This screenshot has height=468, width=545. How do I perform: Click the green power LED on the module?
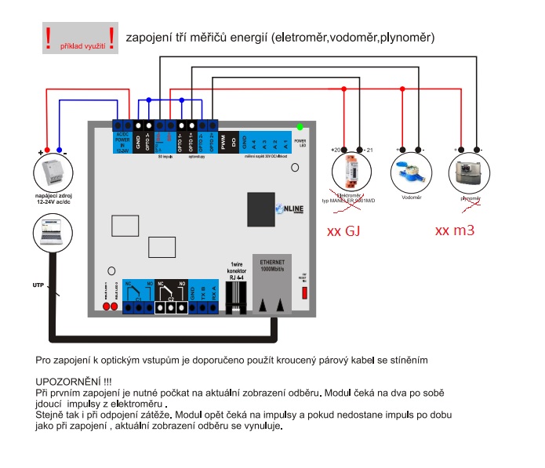[300, 126]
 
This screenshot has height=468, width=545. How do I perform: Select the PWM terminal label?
[223, 143]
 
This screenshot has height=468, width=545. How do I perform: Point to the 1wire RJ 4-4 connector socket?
[236, 294]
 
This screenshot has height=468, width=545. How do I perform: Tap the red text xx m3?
[455, 231]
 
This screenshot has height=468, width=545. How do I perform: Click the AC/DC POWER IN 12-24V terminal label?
[123, 143]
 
